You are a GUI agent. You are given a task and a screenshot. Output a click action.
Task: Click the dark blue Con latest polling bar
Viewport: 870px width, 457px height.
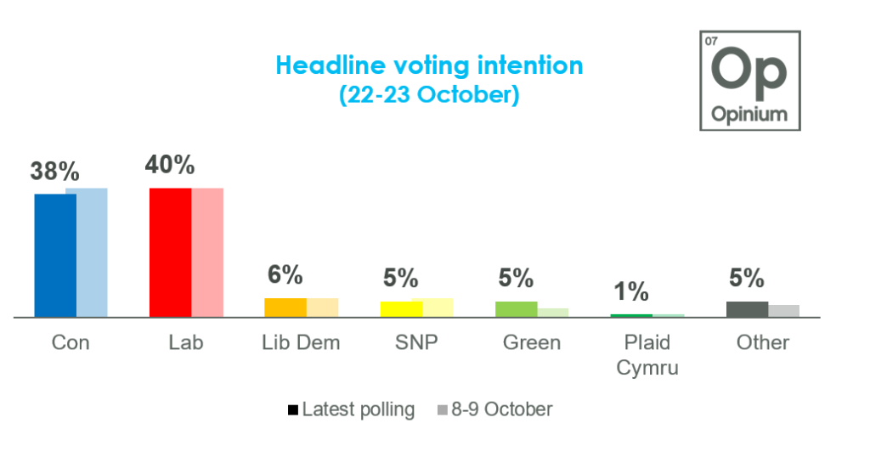55,255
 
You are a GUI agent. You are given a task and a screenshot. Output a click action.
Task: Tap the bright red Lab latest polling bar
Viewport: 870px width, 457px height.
170,252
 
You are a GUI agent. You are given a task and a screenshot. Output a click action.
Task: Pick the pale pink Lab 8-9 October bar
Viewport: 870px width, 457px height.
207,252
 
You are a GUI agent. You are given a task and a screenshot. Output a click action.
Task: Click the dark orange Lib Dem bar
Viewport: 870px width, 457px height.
285,307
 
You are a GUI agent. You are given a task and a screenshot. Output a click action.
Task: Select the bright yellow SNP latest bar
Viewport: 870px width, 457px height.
401,309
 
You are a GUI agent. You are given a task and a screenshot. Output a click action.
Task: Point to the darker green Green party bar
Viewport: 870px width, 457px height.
517,309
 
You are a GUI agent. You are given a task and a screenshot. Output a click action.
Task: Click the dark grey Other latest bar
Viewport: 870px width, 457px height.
747,309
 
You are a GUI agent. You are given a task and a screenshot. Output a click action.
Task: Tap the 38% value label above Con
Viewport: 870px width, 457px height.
55,172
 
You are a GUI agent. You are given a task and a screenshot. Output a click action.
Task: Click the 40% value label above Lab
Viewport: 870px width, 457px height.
170,165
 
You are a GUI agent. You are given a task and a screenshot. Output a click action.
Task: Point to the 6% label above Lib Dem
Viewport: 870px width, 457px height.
285,275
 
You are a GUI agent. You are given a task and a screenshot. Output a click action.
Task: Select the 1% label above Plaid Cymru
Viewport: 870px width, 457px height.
631,292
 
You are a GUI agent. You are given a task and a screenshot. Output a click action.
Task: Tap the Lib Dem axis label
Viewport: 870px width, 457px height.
301,343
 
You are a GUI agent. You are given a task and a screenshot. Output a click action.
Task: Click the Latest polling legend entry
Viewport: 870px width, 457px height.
351,410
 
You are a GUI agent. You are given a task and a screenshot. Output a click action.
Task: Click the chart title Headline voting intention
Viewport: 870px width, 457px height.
429,65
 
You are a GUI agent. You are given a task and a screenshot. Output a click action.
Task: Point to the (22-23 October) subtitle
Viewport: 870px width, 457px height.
429,95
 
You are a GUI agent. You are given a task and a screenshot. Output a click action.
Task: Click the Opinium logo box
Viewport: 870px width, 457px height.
749,81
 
